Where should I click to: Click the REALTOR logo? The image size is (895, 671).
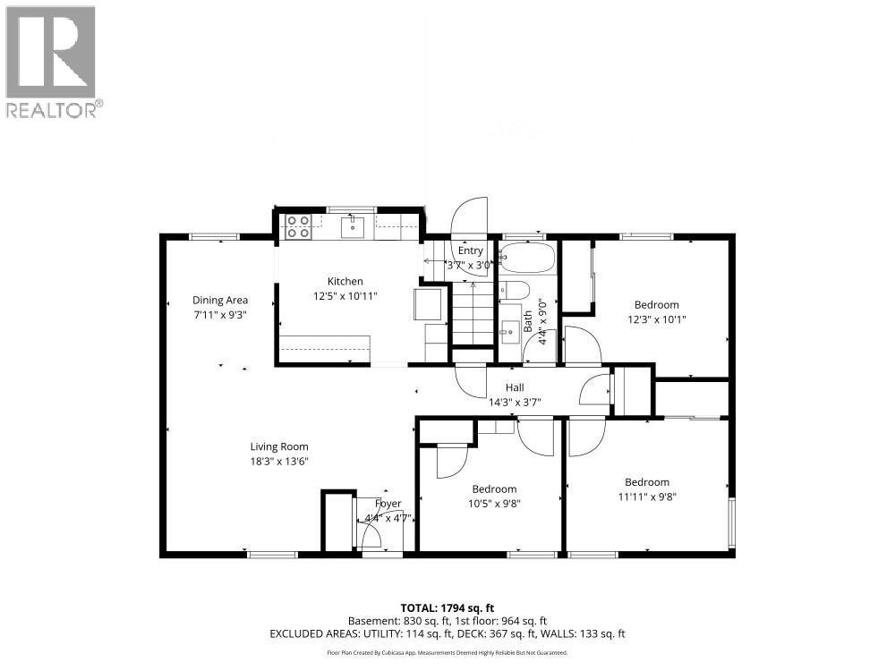coord(51,61)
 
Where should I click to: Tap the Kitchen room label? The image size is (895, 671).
coord(345,281)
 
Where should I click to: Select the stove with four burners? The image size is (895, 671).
coord(299,226)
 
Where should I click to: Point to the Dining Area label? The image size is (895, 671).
coord(220,301)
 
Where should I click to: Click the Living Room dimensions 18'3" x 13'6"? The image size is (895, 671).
coord(279,462)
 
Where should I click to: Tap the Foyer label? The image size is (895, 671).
coord(388,504)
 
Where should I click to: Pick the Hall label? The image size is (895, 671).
coord(515,387)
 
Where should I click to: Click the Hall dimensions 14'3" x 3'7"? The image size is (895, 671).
coord(515,402)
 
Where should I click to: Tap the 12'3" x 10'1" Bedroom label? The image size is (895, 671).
coord(657,305)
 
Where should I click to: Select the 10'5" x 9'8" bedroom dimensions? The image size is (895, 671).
coord(494,503)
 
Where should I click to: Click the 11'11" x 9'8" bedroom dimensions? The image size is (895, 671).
coord(647,497)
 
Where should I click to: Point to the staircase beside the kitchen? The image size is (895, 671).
coord(472,313)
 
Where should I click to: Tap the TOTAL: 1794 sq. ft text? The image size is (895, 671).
coord(447,607)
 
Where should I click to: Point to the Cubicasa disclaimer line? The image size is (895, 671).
coord(447,653)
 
